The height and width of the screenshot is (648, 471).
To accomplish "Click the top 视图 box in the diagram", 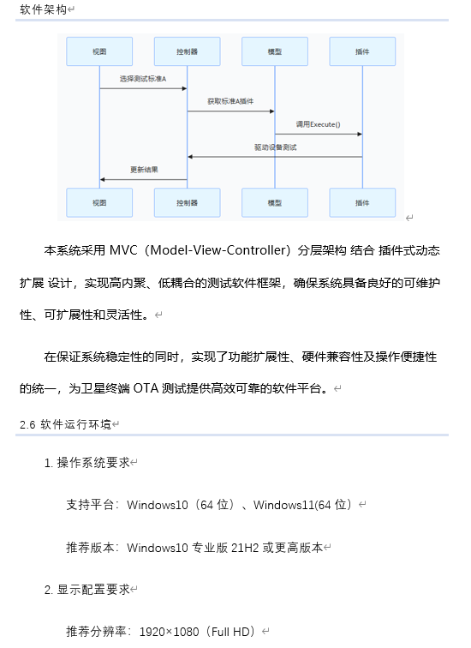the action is [100, 52].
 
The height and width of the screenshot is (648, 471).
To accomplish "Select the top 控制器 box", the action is [188, 52].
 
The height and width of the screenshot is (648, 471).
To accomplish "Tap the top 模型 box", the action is [275, 52].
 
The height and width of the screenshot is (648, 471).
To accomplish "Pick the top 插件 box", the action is [362, 52].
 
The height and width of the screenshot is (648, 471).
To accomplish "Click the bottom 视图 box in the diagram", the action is [100, 203].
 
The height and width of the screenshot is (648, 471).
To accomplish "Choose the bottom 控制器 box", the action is [188, 203].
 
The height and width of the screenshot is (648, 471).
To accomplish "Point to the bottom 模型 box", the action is [275, 203].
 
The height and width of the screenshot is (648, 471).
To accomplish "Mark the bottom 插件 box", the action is [362, 203].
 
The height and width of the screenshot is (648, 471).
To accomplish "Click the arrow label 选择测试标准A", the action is [143, 79].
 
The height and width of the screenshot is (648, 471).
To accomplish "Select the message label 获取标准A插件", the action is [230, 101].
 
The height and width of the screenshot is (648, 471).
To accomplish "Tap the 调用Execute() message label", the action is [318, 124].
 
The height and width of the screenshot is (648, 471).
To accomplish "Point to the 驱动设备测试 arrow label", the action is [275, 147].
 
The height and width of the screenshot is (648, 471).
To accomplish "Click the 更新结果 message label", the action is [143, 170].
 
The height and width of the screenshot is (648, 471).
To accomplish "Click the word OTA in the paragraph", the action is [146, 388].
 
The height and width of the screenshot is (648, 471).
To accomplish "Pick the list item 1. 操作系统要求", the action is [89, 463].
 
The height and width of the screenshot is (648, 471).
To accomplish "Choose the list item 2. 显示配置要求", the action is [89, 590].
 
